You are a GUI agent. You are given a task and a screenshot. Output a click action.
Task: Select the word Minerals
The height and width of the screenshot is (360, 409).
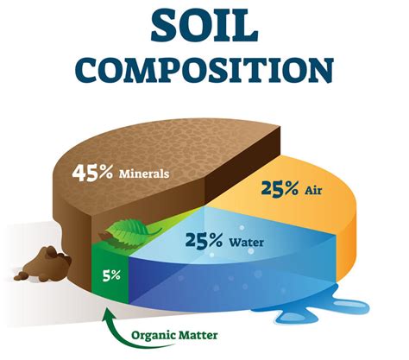(145, 173)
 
